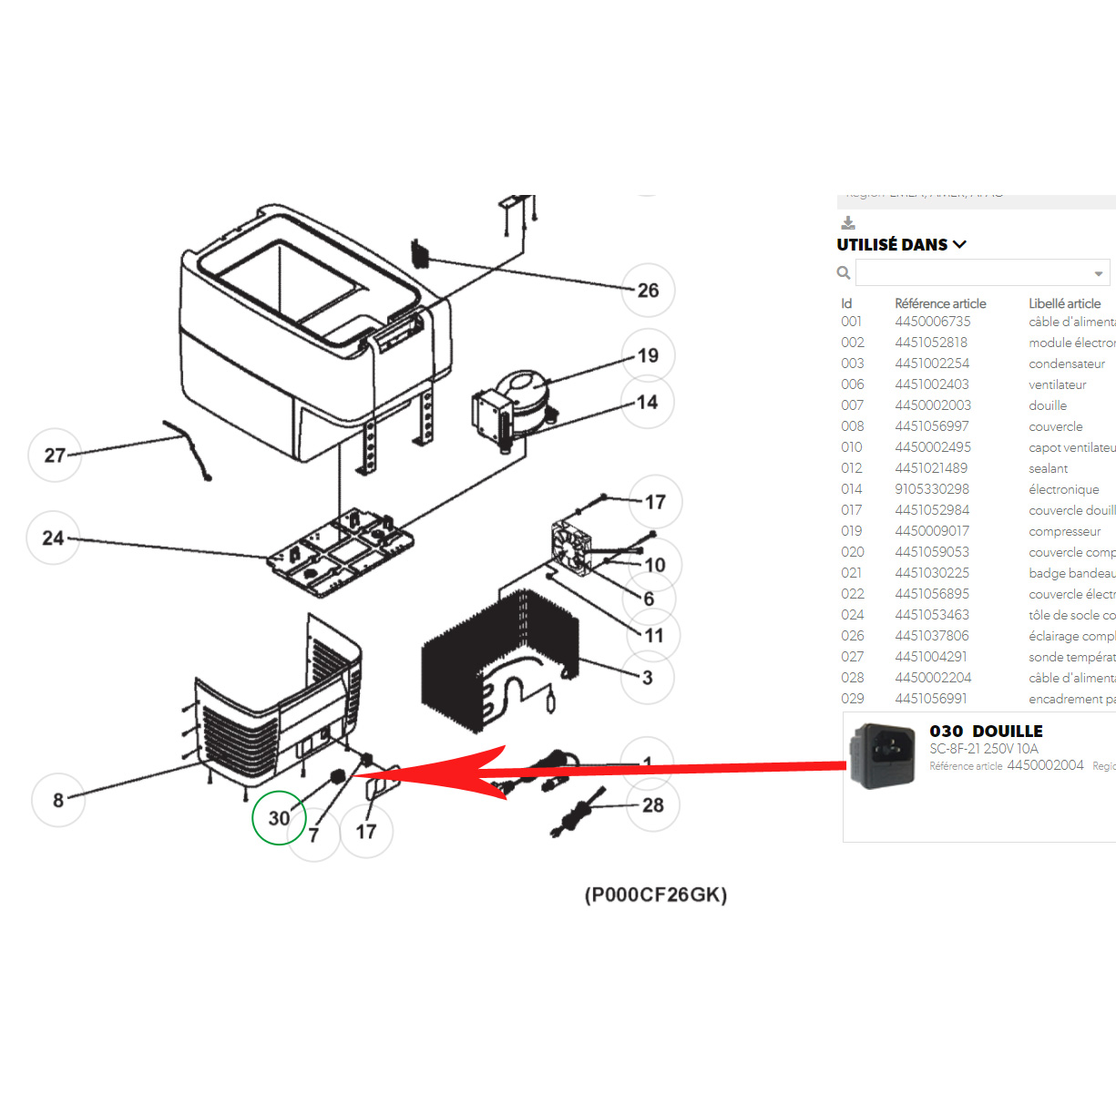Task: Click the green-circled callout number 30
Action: tap(279, 818)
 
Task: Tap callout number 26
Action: tap(648, 291)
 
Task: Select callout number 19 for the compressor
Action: tap(648, 355)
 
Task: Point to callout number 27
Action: tap(55, 455)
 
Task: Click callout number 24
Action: tap(54, 538)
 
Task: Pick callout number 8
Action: tap(58, 800)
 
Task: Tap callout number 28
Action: tap(652, 805)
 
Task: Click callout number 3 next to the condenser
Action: tap(647, 677)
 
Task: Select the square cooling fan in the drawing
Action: tap(571, 548)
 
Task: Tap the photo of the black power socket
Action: tap(882, 755)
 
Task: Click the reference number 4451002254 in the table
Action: tap(932, 363)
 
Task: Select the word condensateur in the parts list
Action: tap(1066, 363)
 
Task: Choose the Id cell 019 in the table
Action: tap(852, 531)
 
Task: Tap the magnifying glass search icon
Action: tap(844, 272)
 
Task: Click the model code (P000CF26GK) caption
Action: tap(656, 895)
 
